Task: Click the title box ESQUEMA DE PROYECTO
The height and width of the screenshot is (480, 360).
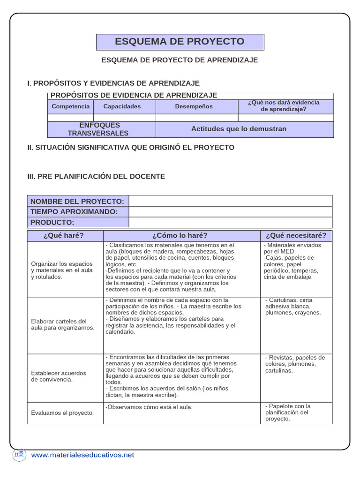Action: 180,42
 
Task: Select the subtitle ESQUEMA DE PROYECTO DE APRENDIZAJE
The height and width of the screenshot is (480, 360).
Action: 180,60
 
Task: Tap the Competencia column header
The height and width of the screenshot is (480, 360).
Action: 70,106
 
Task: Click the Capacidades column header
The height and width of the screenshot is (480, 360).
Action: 122,106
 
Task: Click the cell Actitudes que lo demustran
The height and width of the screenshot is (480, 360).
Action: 239,129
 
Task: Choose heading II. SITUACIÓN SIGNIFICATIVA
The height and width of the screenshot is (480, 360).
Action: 131,147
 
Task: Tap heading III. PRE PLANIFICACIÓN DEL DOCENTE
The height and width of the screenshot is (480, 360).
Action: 96,176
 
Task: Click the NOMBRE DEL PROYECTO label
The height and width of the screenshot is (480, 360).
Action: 77,201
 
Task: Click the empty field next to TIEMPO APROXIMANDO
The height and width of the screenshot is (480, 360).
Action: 230,212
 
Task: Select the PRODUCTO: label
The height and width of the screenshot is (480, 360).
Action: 52,222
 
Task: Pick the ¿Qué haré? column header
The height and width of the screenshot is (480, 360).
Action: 65,235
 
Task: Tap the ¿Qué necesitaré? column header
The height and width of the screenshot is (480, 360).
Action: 296,235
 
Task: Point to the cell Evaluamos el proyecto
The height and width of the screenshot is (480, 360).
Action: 62,413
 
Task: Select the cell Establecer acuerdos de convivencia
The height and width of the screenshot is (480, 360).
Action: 59,376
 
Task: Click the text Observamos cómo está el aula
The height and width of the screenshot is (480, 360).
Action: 149,407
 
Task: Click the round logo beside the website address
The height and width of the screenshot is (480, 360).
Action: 19,455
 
